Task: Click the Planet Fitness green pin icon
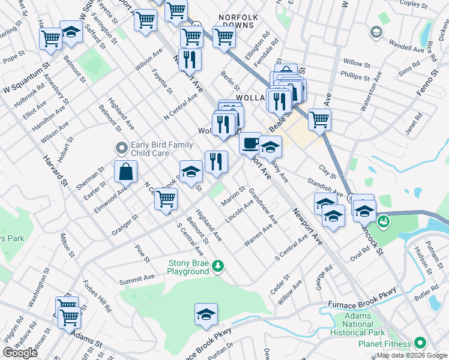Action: pos(420,343)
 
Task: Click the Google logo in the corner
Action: pos(20,353)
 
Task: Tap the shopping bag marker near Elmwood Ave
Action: pos(125,172)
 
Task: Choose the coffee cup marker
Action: pos(250,143)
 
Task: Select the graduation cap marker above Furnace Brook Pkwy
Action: pos(206,314)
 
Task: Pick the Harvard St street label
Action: pos(54,174)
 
